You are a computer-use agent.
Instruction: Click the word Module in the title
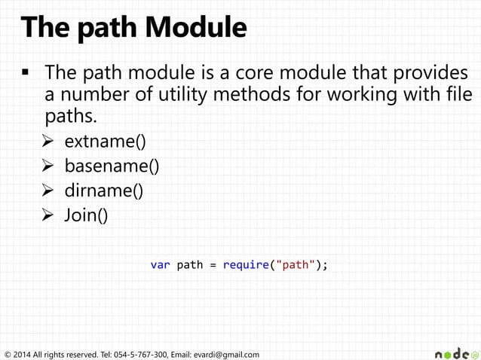(197, 28)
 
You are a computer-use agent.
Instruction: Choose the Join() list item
(86, 215)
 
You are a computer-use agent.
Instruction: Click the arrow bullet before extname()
(49, 141)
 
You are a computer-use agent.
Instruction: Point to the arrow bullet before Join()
(49, 215)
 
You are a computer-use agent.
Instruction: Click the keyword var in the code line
(160, 265)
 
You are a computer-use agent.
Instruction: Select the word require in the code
(246, 265)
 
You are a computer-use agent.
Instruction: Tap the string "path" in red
(295, 265)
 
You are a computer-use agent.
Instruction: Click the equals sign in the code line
(213, 265)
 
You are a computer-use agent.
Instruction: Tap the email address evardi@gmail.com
(226, 354)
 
